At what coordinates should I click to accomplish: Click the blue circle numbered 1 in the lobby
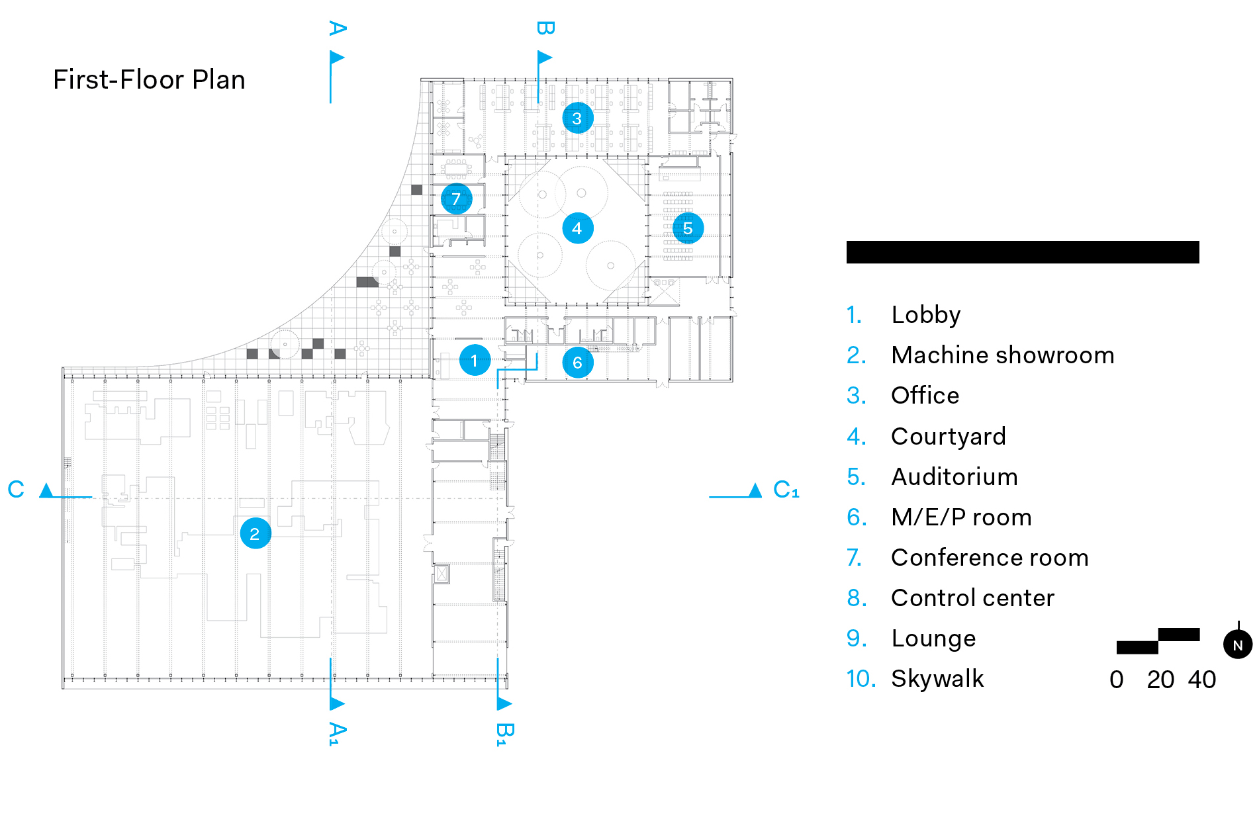pos(475,361)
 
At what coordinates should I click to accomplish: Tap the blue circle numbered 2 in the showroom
pos(256,533)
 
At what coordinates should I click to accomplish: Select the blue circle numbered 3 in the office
pos(577,118)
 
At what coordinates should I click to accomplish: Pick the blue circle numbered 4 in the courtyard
pos(577,228)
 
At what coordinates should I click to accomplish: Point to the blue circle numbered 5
pos(688,228)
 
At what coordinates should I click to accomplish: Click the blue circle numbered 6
pos(577,363)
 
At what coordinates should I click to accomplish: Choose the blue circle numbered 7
pos(456,199)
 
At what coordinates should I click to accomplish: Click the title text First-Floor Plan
pos(149,80)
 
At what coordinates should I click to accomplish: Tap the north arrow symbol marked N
pos(1237,644)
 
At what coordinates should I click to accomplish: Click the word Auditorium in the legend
pos(954,477)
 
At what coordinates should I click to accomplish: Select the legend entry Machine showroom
pos(1002,355)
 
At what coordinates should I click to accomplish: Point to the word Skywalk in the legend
pos(937,679)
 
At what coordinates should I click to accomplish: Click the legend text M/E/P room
pos(961,517)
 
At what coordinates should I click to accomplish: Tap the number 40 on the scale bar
pos(1201,680)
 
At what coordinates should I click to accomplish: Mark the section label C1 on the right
pos(786,490)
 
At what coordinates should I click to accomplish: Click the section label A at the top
pos(338,28)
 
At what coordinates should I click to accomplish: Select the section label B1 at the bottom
pos(505,734)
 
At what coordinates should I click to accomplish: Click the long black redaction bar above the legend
pos(1022,252)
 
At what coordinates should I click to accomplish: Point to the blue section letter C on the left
pos(16,490)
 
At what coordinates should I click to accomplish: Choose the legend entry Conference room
pos(989,558)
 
